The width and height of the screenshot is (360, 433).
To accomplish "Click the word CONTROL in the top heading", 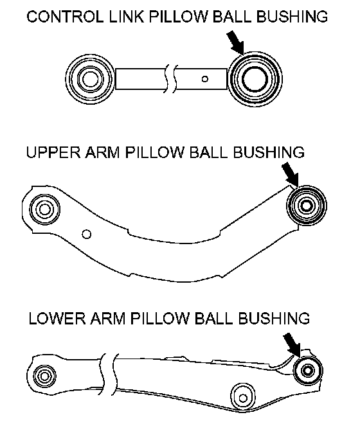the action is (x=65, y=17).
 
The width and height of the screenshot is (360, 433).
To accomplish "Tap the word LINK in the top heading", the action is (x=127, y=17).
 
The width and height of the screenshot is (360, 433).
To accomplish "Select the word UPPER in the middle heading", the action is (x=53, y=152).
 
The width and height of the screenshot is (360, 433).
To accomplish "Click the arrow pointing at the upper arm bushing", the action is (x=290, y=174).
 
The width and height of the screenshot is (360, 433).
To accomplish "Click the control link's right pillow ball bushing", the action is (x=255, y=79).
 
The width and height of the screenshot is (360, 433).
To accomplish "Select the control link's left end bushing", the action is (x=90, y=79).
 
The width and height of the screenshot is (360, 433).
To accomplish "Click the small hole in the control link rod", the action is (x=204, y=79).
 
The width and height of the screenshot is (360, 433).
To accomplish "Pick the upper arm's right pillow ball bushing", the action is (x=307, y=206).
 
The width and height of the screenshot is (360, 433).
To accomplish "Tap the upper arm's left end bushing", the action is (x=44, y=209).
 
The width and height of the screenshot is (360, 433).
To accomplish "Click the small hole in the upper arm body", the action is (x=87, y=234).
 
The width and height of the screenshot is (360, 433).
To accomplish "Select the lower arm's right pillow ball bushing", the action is (x=308, y=370).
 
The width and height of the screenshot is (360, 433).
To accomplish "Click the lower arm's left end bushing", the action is (x=44, y=376).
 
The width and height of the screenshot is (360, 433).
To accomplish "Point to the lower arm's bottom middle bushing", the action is (x=243, y=398).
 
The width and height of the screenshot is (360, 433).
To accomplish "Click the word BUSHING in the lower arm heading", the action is (x=273, y=319).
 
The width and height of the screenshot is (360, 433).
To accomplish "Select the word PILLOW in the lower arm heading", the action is (x=159, y=319).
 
